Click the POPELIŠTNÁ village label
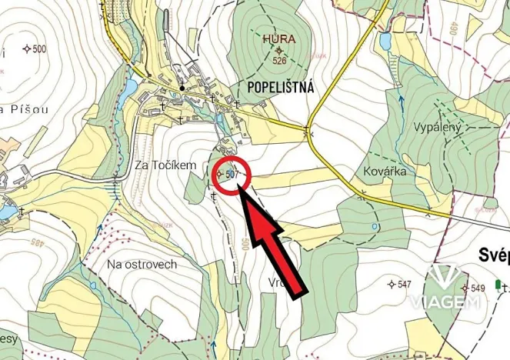point(281,88)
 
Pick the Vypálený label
point(436,126)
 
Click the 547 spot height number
point(404,285)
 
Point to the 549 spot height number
point(477,288)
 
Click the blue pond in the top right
point(385,40)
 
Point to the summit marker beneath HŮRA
point(278,50)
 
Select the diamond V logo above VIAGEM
point(445,278)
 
